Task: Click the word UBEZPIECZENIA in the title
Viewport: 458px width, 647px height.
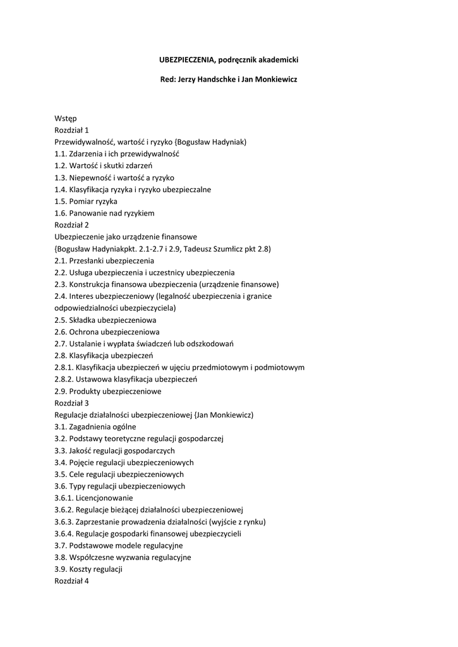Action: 186,59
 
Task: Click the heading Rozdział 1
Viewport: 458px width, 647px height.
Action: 71,130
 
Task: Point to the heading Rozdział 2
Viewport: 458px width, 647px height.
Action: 71,224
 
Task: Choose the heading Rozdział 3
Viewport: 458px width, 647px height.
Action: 71,402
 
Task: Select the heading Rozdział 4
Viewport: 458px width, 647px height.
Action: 71,581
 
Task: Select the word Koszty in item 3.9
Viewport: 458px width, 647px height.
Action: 81,569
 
